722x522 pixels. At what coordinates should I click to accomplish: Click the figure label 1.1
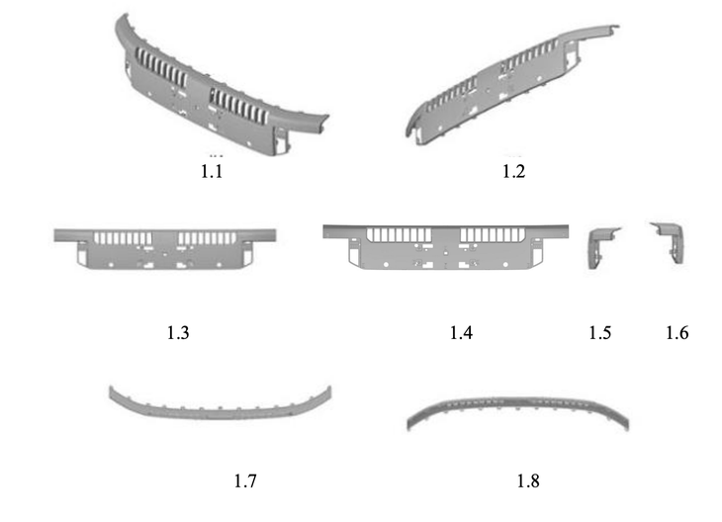[212, 171]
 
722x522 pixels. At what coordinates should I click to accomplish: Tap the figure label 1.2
[513, 171]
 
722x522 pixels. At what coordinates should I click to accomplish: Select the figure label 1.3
[178, 332]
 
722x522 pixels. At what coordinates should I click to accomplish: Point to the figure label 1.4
[461, 332]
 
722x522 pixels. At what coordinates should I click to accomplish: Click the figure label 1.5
[600, 332]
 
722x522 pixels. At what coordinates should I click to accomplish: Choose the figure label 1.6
[677, 332]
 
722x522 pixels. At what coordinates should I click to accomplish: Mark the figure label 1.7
[245, 480]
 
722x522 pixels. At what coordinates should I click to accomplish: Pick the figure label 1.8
[528, 480]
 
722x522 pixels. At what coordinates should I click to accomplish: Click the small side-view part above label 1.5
[603, 247]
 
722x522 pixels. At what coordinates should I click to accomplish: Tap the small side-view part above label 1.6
[668, 242]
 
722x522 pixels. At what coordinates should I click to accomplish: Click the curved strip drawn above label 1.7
[221, 403]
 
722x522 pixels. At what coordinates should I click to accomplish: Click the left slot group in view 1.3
[123, 238]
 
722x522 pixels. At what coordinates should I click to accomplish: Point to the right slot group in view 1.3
[208, 238]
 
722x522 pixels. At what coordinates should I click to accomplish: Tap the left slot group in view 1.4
[400, 234]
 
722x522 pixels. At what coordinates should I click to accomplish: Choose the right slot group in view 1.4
[493, 234]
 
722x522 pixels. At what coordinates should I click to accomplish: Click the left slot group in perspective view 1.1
[161, 69]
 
